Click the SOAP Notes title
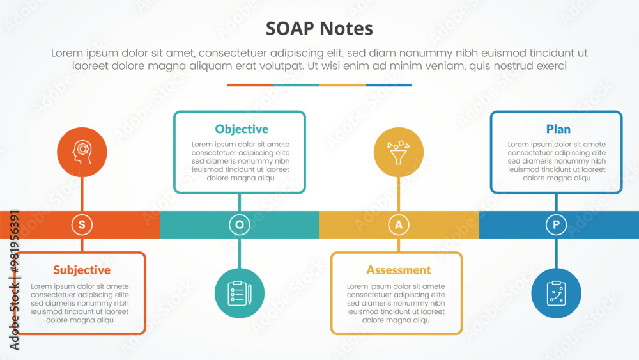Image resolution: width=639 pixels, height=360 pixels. point(319,29)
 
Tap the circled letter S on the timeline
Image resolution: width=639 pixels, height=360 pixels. point(82,224)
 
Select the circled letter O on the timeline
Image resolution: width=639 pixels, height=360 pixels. point(240,224)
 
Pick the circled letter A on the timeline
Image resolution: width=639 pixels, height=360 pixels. point(399,224)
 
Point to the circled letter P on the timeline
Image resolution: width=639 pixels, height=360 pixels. point(556,224)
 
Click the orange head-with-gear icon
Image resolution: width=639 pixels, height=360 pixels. point(82,153)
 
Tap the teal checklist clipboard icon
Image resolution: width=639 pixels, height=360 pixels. point(240,293)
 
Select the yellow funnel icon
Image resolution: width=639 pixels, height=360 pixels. point(399,153)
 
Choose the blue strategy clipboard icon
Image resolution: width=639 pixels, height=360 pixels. point(556,293)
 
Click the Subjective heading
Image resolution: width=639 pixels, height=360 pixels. point(82,270)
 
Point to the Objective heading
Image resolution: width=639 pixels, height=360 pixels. point(242,129)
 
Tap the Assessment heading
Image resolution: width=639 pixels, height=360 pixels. point(399,270)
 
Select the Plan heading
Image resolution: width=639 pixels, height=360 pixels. point(558,129)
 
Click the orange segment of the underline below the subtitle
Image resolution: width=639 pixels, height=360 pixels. point(250,85)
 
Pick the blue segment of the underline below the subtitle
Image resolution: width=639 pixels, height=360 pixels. point(389,85)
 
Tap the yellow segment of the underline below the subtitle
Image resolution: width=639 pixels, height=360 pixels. point(343,85)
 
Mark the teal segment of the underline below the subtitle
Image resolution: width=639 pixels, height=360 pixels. point(296,85)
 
